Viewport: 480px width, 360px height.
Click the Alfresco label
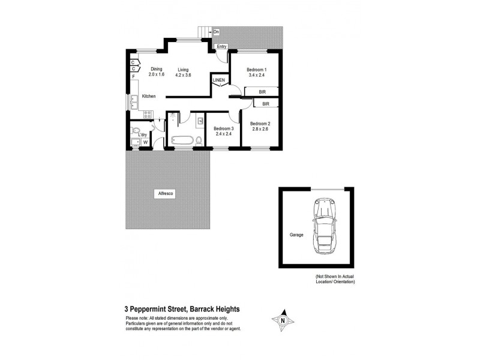pyautogui.click(x=165, y=194)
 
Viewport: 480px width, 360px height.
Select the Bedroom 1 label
pyautogui.click(x=257, y=70)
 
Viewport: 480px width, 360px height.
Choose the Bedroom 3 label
pyautogui.click(x=223, y=128)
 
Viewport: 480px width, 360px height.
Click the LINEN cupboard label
pyautogui.click(x=219, y=80)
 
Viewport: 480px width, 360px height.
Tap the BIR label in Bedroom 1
pyautogui.click(x=262, y=91)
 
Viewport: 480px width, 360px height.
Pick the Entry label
pyautogui.click(x=222, y=46)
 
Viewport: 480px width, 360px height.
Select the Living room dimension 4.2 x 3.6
pyautogui.click(x=183, y=75)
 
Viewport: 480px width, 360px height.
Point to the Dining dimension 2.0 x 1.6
pyautogui.click(x=157, y=75)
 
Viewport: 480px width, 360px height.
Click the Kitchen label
pyautogui.click(x=149, y=96)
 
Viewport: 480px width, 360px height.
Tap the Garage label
pyautogui.click(x=295, y=235)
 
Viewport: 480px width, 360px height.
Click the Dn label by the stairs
pyautogui.click(x=216, y=31)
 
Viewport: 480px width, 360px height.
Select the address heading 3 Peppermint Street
pyautogui.click(x=182, y=309)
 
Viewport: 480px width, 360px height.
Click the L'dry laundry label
pyautogui.click(x=143, y=134)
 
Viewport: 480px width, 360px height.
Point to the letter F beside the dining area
pyautogui.click(x=133, y=76)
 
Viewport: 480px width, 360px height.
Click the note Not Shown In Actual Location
pyautogui.click(x=335, y=278)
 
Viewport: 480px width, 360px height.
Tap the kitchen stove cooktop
pyautogui.click(x=147, y=112)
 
